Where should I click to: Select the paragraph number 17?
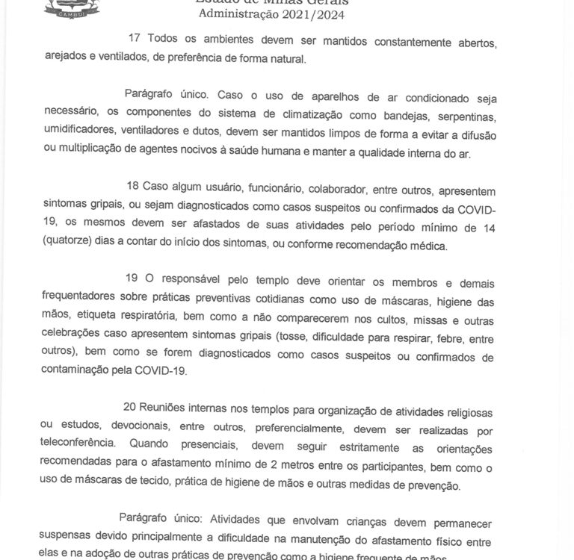(135, 38)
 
